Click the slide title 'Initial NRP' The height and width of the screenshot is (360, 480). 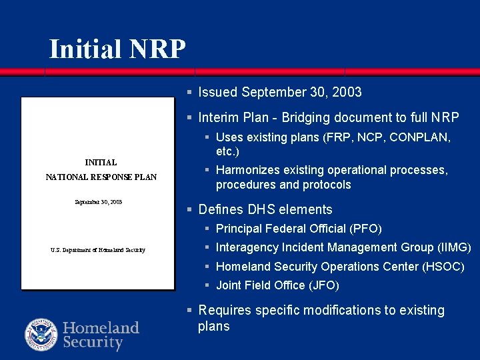117,49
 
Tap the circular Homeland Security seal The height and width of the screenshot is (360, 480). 41,335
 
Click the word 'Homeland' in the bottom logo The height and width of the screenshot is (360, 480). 101,327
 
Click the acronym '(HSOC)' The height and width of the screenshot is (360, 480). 443,267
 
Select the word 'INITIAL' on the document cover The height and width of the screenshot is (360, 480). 101,162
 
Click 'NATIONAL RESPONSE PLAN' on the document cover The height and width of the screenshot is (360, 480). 101,177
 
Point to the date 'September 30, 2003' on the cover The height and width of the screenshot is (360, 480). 98,201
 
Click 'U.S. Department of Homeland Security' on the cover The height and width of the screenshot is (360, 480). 97,250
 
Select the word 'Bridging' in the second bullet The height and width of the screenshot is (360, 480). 305,118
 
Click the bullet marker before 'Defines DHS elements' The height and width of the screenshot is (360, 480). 190,210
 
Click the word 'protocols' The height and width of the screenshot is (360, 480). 327,185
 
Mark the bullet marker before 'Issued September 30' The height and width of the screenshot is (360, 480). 190,93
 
